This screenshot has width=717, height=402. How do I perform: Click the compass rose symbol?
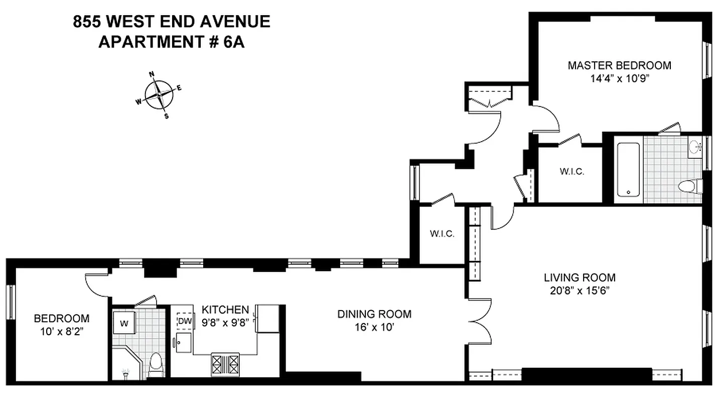coord(160,94)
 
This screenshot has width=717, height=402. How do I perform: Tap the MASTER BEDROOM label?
coord(619,65)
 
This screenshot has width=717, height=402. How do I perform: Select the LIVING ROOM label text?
coord(580,277)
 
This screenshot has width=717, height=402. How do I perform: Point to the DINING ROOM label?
coord(374,314)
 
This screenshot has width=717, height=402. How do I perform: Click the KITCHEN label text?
coord(225,309)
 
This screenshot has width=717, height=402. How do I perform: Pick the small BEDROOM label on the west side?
coord(61,318)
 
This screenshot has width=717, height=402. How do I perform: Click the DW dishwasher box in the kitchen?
coord(185,321)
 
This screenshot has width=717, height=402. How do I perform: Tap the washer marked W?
coord(121,323)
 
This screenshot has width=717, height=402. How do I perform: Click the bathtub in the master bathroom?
coord(628,169)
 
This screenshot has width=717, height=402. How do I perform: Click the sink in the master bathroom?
coord(695,147)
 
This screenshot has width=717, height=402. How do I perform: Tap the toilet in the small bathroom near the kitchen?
coord(157,364)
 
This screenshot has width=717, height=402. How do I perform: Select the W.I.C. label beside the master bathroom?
coord(571,171)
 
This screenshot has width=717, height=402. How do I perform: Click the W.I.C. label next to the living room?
coord(442,234)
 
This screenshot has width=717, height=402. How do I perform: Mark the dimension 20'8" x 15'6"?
coord(580,290)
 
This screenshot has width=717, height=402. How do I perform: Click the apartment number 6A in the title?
coord(234,42)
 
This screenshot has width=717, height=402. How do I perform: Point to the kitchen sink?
coord(182,343)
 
